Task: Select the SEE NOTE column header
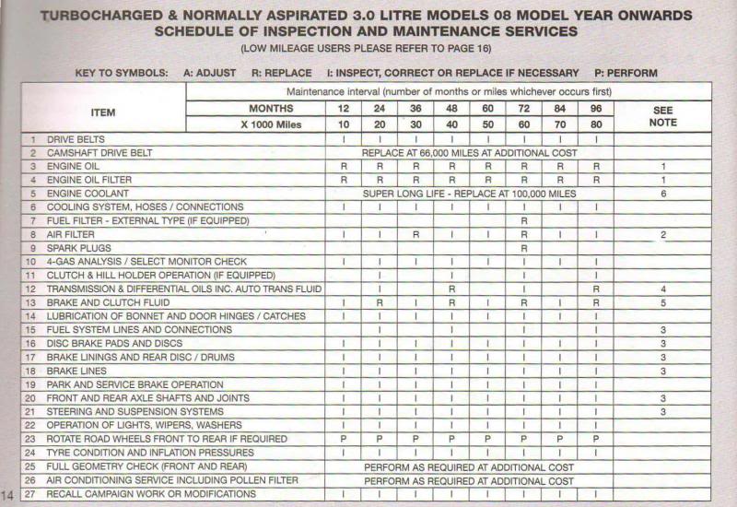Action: [662, 116]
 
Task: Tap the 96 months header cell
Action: [597, 109]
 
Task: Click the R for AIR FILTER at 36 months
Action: [415, 235]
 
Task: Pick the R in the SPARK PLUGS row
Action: [524, 249]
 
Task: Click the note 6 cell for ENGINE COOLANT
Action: [662, 194]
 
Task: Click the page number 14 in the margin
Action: [9, 495]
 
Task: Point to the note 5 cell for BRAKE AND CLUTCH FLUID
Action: [662, 302]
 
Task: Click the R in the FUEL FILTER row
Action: [524, 221]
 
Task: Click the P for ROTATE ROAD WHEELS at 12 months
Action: [343, 440]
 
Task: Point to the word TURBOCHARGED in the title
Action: [97, 16]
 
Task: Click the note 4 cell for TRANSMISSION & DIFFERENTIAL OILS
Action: [662, 289]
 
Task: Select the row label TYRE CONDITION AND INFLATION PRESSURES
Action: [150, 454]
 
